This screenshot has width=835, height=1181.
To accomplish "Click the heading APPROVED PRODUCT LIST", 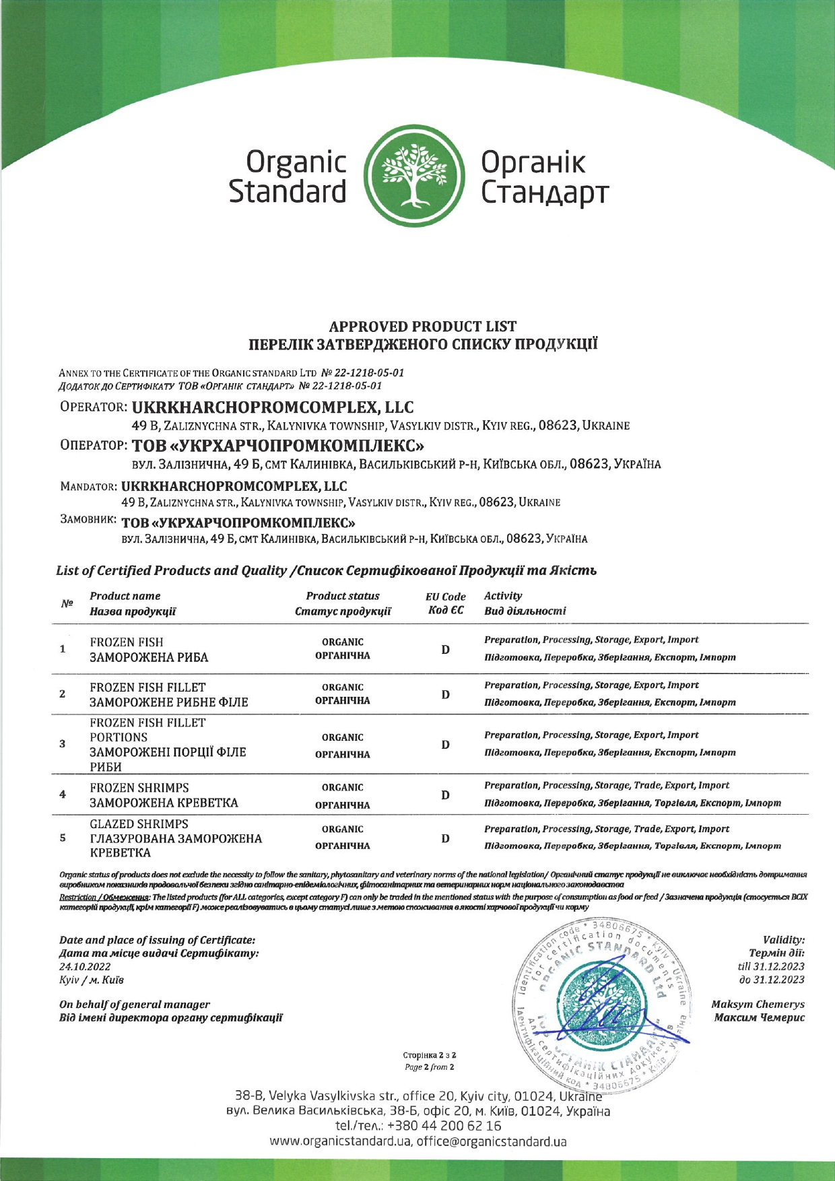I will pyautogui.click(x=423, y=327).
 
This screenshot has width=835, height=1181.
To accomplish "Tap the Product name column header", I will pyautogui.click(x=125, y=597).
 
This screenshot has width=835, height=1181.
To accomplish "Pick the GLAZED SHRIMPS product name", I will pyautogui.click(x=139, y=825).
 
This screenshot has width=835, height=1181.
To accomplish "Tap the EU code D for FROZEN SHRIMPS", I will pyautogui.click(x=445, y=795).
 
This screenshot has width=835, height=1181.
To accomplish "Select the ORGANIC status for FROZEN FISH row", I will pyautogui.click(x=343, y=642).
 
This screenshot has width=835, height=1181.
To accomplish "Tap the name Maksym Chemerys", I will pyautogui.click(x=758, y=1004).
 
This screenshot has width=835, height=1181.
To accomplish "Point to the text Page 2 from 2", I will pyautogui.click(x=429, y=1067).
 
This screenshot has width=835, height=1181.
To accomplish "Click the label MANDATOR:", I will pyautogui.click(x=89, y=486).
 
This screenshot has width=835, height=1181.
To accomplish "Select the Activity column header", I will pyautogui.click(x=503, y=596).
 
